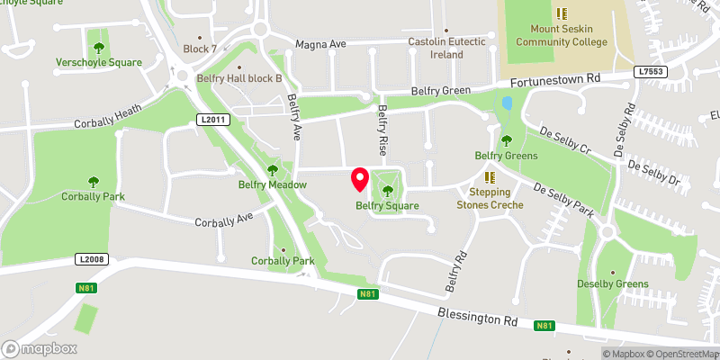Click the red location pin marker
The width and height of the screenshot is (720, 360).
359,179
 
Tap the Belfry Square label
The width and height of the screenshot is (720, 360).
387,206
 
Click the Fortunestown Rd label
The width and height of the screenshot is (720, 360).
556,81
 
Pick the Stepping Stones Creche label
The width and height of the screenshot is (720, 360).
490,198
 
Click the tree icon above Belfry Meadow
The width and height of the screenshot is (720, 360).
273,170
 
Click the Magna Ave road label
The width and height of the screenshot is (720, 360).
321,43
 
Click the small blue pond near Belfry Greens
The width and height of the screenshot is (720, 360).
507,103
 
